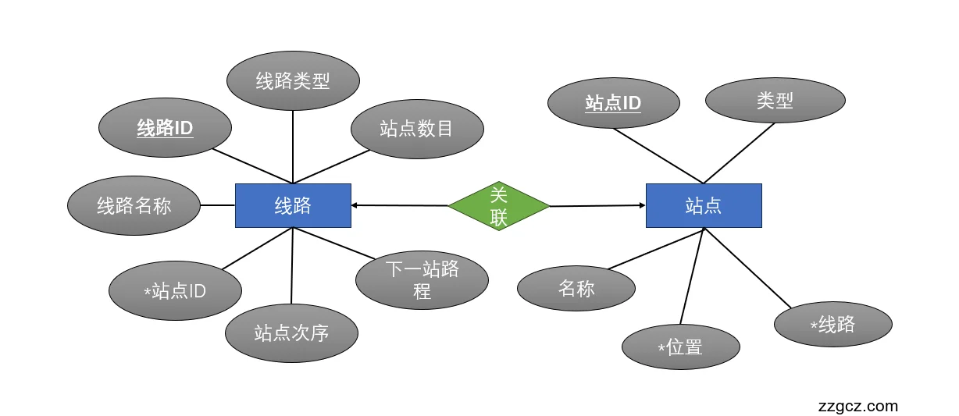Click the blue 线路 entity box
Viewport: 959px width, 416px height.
(x=293, y=205)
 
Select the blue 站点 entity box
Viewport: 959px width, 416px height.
(x=703, y=205)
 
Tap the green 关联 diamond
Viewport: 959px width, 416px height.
(x=499, y=206)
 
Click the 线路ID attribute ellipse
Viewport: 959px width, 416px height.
(x=166, y=128)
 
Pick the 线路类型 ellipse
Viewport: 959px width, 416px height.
(x=293, y=80)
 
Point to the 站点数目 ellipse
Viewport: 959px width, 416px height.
(x=417, y=128)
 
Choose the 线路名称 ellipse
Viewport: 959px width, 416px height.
(x=134, y=205)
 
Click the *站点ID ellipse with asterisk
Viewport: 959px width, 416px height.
(x=175, y=291)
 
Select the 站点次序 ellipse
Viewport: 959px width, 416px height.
(x=291, y=333)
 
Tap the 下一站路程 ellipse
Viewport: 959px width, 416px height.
(x=422, y=280)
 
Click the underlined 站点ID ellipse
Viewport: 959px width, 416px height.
(x=613, y=102)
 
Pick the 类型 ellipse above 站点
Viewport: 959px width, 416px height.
(x=775, y=100)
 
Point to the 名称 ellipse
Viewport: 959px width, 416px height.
(x=576, y=288)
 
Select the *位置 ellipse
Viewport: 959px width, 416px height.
(x=680, y=347)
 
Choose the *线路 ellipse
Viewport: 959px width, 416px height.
(x=832, y=324)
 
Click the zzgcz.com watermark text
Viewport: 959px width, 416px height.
(x=857, y=406)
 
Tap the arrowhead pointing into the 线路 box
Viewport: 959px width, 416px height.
(x=355, y=205)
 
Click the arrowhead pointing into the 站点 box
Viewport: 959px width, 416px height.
(x=641, y=205)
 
